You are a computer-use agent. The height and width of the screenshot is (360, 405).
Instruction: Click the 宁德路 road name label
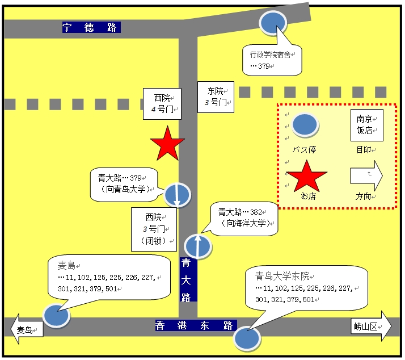click(91, 27)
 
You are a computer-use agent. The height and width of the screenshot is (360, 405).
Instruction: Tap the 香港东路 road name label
click(196, 325)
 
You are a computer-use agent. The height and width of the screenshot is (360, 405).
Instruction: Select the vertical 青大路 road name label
click(188, 279)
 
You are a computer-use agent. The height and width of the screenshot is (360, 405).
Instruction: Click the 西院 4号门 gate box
click(162, 104)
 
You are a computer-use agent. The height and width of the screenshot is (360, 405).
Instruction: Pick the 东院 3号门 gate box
click(216, 97)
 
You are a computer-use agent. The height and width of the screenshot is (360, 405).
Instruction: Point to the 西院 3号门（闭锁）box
click(154, 229)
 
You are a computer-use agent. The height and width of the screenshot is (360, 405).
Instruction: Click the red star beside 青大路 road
click(167, 144)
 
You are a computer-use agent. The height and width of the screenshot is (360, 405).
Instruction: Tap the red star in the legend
click(307, 177)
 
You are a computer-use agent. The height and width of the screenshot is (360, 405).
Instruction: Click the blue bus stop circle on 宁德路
click(273, 23)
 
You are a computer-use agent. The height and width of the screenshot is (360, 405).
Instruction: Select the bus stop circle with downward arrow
click(177, 195)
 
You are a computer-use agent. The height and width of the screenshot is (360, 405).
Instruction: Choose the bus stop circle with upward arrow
click(198, 246)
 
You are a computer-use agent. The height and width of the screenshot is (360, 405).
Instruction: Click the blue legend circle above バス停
click(305, 125)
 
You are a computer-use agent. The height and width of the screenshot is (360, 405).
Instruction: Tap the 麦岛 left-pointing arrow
click(27, 329)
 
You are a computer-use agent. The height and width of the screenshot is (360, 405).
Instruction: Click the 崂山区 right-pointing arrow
click(371, 326)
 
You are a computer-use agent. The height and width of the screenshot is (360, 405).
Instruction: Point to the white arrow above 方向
click(366, 175)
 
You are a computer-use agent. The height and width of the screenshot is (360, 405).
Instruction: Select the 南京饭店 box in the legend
click(367, 125)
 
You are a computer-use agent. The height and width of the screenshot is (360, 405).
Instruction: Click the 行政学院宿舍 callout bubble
click(272, 60)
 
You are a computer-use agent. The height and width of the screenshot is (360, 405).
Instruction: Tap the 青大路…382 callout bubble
click(244, 219)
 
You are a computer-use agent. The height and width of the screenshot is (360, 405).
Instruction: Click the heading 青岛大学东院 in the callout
click(282, 276)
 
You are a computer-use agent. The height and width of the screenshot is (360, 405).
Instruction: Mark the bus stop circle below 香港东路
click(247, 338)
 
